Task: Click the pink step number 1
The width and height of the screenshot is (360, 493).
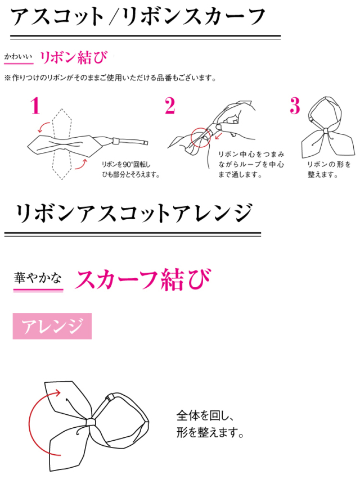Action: [35, 106]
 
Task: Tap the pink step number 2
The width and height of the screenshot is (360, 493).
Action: [170, 106]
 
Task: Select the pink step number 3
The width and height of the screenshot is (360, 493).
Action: [295, 106]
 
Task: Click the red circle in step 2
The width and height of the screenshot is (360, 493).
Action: [200, 137]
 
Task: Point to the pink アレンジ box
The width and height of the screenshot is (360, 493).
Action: [52, 326]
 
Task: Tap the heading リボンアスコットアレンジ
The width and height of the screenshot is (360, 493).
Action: [133, 213]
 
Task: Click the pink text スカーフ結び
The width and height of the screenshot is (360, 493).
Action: [142, 279]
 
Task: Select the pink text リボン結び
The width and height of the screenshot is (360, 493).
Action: [74, 57]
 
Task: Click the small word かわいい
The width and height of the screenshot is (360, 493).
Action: [18, 57]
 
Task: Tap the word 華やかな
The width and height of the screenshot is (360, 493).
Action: [38, 278]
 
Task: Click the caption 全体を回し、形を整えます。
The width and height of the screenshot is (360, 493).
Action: [210, 424]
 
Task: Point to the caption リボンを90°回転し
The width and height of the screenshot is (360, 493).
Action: [126, 164]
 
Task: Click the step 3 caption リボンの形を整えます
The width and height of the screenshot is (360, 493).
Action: [328, 169]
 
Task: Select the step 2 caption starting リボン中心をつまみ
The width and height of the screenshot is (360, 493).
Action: [251, 164]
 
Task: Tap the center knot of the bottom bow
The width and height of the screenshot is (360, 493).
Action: [91, 422]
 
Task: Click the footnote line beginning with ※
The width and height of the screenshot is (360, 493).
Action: [110, 78]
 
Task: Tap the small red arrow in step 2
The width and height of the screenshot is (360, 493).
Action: [219, 136]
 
